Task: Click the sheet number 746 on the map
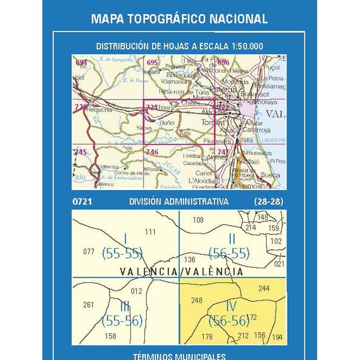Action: pyautogui.click(x=152, y=152)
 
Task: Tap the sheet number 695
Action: pyautogui.click(x=152, y=62)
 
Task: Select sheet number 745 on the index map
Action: pyautogui.click(x=80, y=152)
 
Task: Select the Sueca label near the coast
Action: pyautogui.click(x=271, y=174)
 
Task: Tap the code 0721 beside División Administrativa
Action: pyautogui.click(x=82, y=202)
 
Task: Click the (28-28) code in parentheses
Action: pyautogui.click(x=268, y=202)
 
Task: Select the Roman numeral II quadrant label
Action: pyautogui.click(x=231, y=239)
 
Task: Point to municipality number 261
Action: pyautogui.click(x=88, y=305)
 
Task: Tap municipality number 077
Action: pyautogui.click(x=88, y=252)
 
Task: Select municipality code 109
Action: pyautogui.click(x=198, y=220)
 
